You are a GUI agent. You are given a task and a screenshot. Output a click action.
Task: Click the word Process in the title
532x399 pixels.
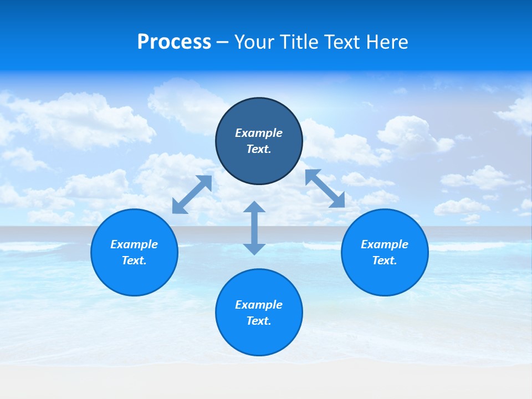click(x=174, y=42)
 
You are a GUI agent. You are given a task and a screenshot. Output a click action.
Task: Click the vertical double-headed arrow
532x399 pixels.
click(x=254, y=228)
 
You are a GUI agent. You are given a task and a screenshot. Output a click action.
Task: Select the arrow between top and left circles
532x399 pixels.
click(x=192, y=195)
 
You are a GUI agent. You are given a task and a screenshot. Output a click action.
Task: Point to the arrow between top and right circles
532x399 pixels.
click(x=325, y=188)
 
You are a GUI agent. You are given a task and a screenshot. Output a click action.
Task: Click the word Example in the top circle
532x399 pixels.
click(x=259, y=133)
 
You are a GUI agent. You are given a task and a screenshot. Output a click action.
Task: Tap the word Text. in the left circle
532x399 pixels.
click(x=134, y=260)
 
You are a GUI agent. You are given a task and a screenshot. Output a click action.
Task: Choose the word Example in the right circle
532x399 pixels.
click(x=385, y=244)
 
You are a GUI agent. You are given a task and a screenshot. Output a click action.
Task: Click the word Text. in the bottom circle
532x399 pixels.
click(x=259, y=321)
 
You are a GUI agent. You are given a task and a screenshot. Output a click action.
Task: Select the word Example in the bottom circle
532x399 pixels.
click(x=259, y=305)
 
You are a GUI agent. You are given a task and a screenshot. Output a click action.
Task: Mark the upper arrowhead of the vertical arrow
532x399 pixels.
click(x=254, y=207)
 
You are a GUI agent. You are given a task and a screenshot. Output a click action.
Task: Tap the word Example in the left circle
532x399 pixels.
click(x=134, y=244)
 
